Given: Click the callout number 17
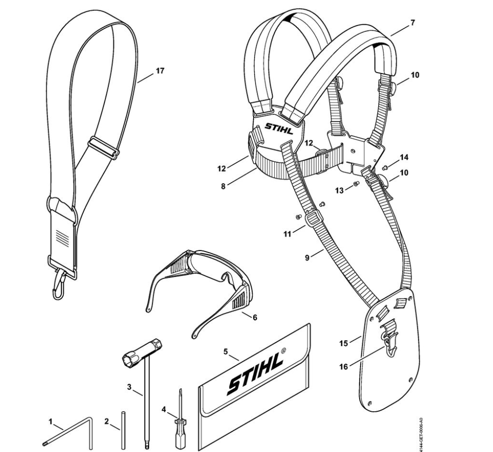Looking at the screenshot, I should click(159, 71).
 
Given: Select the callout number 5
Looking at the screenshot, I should click(225, 352).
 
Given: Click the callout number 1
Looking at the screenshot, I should click(51, 421).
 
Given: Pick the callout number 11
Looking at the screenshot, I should click(288, 234).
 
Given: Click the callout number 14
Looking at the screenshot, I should click(404, 157).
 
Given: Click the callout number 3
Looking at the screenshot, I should click(130, 387).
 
